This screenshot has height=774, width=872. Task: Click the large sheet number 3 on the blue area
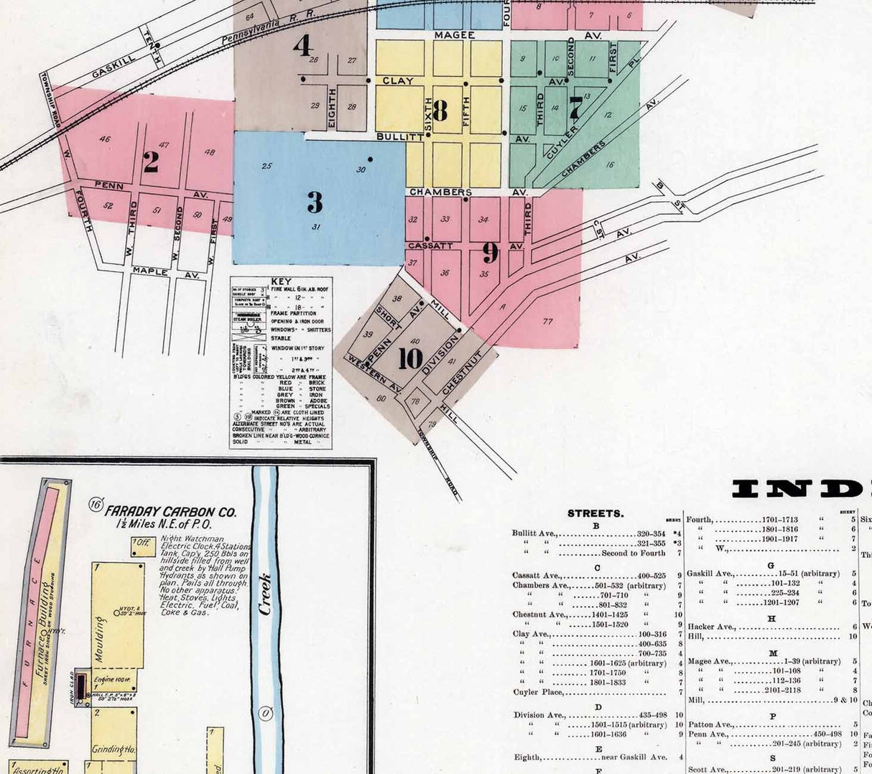(x=315, y=202)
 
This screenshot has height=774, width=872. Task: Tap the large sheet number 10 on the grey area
(x=410, y=358)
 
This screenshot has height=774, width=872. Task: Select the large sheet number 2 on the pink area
(x=150, y=162)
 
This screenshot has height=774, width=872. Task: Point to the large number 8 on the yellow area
(x=440, y=111)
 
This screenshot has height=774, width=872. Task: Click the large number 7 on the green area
(x=575, y=107)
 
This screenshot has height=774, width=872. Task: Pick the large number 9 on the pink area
(x=490, y=252)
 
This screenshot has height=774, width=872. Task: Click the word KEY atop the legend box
(x=281, y=281)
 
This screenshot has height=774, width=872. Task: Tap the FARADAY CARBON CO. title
(x=171, y=512)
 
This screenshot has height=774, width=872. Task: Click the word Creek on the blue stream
(x=265, y=593)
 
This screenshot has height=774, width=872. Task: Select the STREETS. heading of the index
(x=595, y=513)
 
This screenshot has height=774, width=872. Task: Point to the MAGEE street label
(x=455, y=34)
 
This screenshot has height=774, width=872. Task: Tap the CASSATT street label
(x=430, y=246)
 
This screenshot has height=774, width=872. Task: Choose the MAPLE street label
(x=150, y=271)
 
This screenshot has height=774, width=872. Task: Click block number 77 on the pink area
(x=548, y=322)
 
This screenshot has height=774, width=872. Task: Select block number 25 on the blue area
(x=266, y=166)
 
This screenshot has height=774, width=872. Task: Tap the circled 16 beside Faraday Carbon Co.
(x=96, y=505)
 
